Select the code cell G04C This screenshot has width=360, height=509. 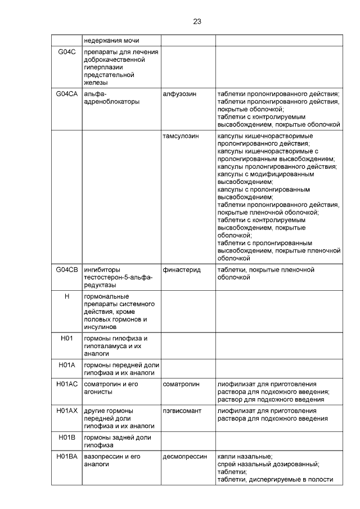(67, 52)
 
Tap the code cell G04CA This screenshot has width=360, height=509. (67, 93)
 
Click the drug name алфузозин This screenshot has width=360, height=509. (179, 93)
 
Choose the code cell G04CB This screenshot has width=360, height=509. (67, 270)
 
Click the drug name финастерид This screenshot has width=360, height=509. (182, 270)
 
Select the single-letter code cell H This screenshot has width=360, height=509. (67, 296)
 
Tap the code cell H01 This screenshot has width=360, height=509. (67, 338)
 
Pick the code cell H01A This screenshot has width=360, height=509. (67, 364)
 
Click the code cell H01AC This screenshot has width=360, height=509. (67, 384)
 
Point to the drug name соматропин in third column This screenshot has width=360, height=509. (181, 384)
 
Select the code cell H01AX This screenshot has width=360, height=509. (67, 411)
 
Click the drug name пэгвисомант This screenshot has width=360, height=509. (182, 411)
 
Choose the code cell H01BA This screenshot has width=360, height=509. (67, 456)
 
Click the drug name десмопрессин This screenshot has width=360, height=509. (184, 456)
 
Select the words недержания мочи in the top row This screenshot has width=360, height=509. (112, 40)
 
